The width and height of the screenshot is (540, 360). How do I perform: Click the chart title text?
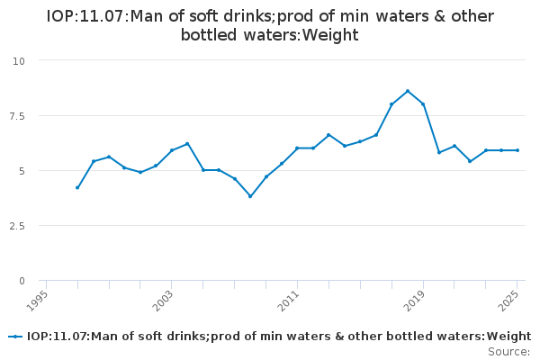tap(270, 25)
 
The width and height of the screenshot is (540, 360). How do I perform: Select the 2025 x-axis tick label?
tap(510, 300)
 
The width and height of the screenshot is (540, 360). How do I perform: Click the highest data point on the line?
tap(408, 91)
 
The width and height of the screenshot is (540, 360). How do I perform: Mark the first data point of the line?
tap(77, 188)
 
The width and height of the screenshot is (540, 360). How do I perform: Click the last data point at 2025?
tap(517, 150)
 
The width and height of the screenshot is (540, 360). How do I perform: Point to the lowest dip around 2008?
tap(250, 196)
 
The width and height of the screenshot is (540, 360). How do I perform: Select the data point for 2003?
tap(172, 150)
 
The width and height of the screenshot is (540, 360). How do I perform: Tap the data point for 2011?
tap(297, 148)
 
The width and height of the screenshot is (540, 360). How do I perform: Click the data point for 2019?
tap(423, 104)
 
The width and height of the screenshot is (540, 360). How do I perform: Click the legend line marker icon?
tap(15, 337)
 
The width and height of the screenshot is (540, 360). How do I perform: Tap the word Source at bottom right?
tap(508, 352)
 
